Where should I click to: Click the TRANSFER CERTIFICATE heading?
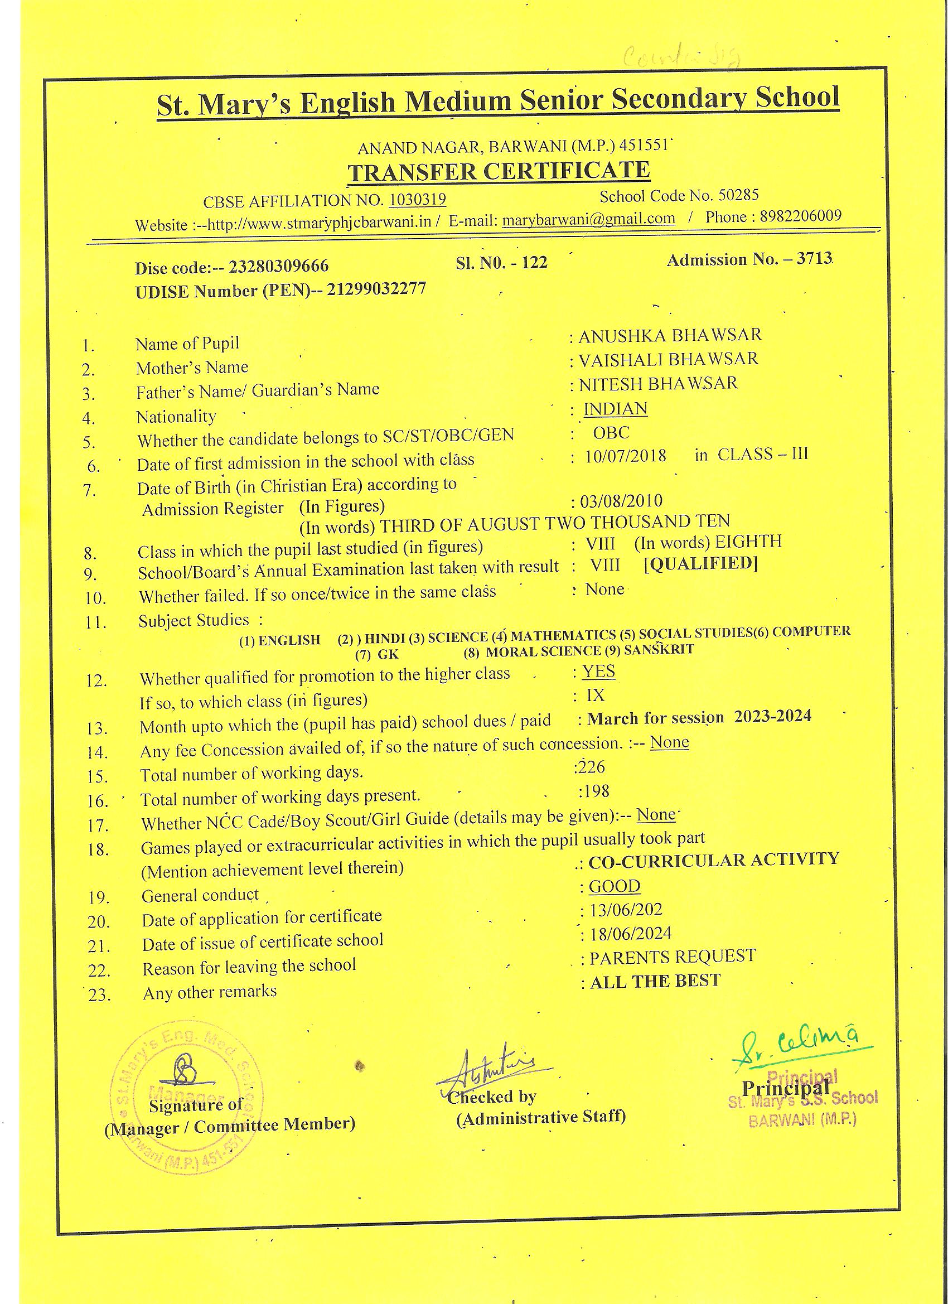click(x=499, y=171)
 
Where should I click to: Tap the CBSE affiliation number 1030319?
click(x=417, y=200)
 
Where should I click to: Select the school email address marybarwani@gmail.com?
click(x=588, y=219)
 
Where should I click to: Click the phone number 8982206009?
click(x=800, y=216)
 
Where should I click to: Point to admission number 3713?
click(x=814, y=259)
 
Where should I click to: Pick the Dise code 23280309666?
click(x=279, y=267)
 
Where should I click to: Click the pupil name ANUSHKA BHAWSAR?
click(x=670, y=335)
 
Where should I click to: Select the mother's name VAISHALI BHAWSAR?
click(x=668, y=359)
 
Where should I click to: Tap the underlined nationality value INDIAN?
click(x=615, y=408)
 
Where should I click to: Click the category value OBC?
click(x=611, y=432)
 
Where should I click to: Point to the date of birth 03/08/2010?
click(x=621, y=501)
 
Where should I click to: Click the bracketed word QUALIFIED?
click(x=701, y=563)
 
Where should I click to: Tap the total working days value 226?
click(x=591, y=766)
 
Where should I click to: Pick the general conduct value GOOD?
click(x=614, y=886)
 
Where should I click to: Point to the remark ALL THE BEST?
click(x=655, y=981)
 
